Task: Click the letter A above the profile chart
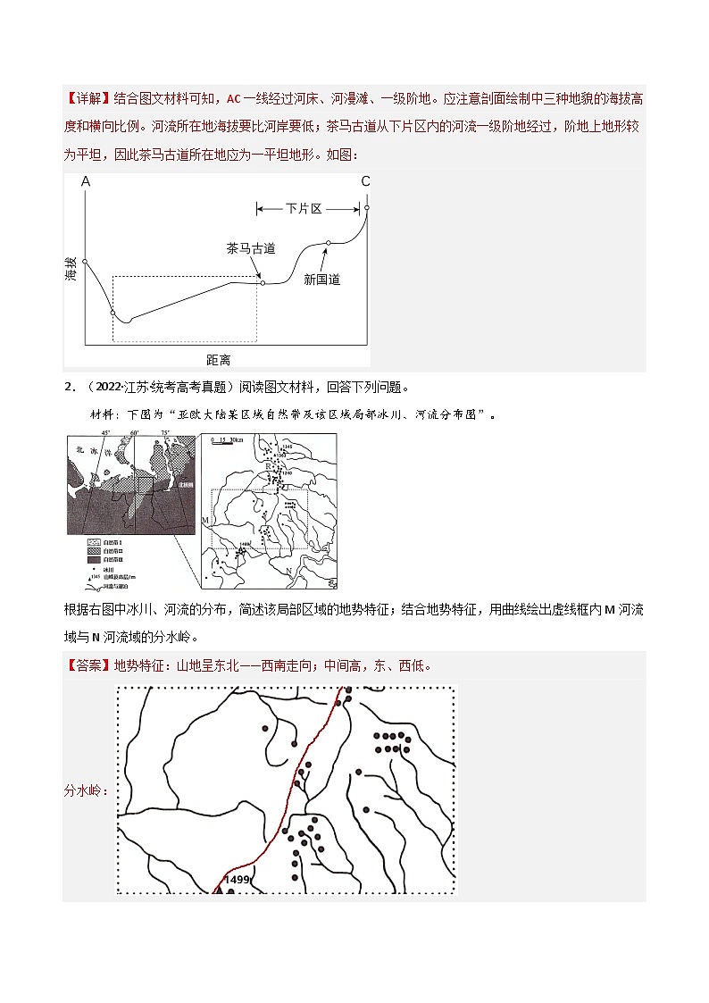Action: coord(86,182)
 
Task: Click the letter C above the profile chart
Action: coord(365,182)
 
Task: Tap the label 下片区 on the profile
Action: coord(304,209)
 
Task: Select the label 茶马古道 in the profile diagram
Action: coord(250,249)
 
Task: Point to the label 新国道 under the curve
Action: coord(321,280)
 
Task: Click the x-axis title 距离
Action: coord(218,359)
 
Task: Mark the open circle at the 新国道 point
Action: coord(329,243)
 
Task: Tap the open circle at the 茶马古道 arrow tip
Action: coord(263,283)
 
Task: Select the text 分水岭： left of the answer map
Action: coord(89,790)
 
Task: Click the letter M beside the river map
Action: coord(204,520)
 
